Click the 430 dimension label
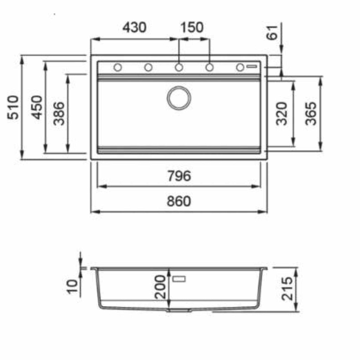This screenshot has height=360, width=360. coord(134,27)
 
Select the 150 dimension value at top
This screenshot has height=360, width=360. coord(192,27)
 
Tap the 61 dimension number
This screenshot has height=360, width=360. coord(272,33)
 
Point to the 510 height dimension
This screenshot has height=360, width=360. coord(13,108)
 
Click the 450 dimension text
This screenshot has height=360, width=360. coord(37,108)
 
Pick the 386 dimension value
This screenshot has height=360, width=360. coord(59,114)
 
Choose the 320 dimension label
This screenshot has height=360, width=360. coord(282,114)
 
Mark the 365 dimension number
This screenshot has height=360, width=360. coord(311,114)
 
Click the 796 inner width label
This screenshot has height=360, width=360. coord(179,176)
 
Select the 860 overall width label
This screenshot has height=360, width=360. coord(179,201)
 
